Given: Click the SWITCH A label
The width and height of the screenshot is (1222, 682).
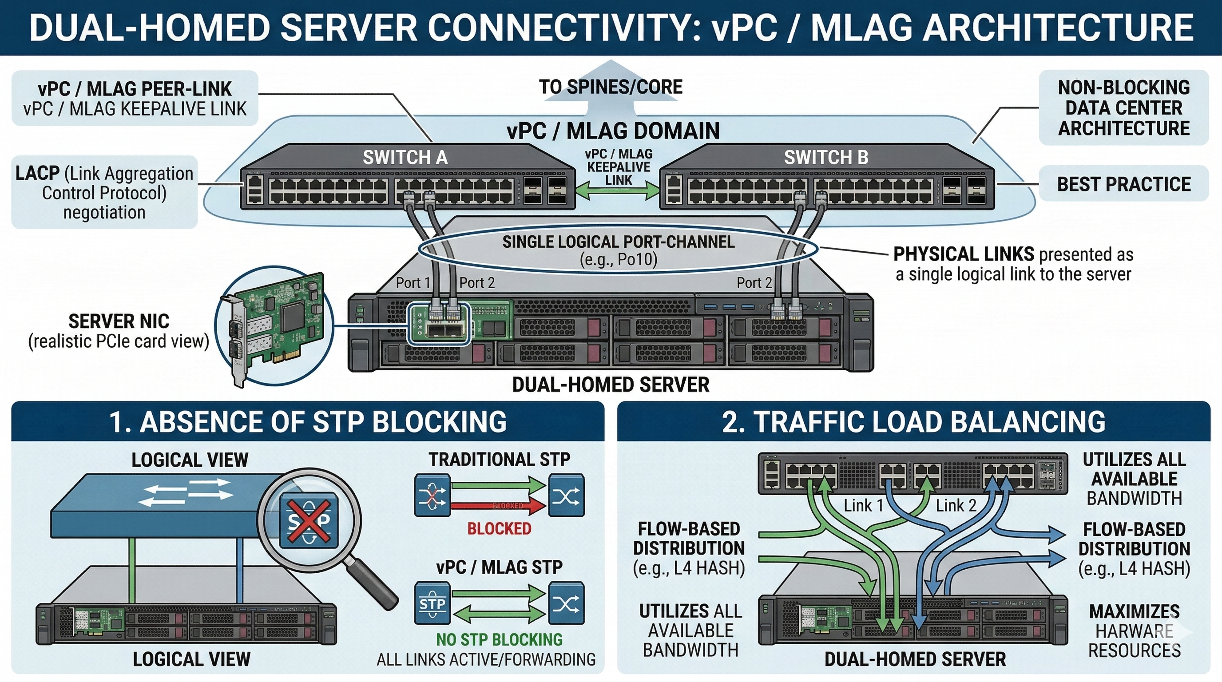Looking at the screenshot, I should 405,158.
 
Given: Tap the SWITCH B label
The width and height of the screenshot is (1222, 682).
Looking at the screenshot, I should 826,158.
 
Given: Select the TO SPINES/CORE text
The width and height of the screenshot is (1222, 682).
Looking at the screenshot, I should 611,87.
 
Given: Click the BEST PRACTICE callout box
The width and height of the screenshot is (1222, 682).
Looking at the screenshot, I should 1123,184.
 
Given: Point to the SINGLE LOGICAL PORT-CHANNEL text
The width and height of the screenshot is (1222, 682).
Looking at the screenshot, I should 618,242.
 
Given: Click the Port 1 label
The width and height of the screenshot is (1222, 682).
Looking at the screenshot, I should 413,283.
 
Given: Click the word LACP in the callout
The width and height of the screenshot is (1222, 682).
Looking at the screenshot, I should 37,174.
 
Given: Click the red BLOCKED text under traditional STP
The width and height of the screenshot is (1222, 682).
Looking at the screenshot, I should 499,528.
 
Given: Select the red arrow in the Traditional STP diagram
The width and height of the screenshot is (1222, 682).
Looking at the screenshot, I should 498,506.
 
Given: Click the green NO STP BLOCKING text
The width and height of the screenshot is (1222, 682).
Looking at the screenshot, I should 499,639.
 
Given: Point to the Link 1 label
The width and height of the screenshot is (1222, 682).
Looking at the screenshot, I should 863,506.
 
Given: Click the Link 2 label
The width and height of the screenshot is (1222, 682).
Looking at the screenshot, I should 956,506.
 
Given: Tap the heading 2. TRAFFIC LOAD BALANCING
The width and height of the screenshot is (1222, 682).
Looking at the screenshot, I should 913,421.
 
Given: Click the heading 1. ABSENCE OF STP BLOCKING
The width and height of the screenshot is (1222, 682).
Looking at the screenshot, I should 308,421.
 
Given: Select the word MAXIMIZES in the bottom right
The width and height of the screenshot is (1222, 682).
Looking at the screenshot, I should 1134,611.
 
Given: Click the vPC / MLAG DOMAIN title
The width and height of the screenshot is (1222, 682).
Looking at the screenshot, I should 613,131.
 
